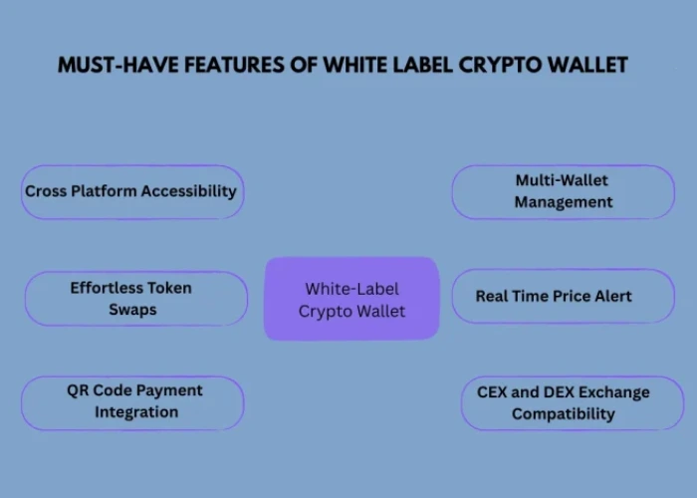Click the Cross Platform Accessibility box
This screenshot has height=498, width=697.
click(x=132, y=191)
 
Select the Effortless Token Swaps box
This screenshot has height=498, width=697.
click(x=135, y=298)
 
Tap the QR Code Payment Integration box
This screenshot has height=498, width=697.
click(x=132, y=402)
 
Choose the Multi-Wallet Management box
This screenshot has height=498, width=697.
click(x=563, y=191)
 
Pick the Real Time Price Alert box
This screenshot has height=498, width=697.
click(x=563, y=296)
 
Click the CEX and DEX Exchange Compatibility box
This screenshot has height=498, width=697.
click(x=572, y=402)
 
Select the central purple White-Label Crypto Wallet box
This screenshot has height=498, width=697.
click(x=350, y=299)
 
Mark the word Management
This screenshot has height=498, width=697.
click(x=563, y=202)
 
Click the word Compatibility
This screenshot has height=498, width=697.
click(x=563, y=413)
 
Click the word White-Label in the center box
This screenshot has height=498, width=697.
click(x=350, y=289)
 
